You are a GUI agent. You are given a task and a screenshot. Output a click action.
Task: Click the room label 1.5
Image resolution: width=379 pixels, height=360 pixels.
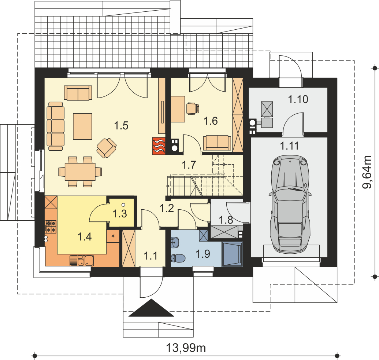[121, 126]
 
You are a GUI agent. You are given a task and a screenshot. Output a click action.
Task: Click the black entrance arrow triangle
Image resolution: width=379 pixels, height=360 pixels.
[151, 308]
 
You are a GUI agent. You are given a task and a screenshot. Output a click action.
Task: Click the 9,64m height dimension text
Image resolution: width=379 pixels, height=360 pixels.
[367, 172]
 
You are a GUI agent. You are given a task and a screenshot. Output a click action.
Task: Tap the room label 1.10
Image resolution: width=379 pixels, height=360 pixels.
[298, 99]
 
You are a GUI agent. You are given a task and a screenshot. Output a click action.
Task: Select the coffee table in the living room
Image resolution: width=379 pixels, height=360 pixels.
[82, 126]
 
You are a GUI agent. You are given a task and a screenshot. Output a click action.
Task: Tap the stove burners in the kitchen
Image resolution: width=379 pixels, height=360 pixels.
[50, 226]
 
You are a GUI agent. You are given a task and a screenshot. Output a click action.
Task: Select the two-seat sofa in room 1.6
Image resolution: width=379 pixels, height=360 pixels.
[217, 142]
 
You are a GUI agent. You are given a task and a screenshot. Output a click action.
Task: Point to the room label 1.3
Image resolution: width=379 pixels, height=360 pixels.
[120, 213]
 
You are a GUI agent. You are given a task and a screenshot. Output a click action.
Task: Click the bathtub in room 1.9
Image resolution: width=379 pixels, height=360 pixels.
[232, 254]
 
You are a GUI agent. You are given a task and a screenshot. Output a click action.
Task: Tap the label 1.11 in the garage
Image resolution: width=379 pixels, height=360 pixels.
[289, 146]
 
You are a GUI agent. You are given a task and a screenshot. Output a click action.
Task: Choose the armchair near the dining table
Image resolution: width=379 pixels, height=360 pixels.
[106, 148]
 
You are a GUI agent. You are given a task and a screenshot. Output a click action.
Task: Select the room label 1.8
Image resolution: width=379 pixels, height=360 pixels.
[226, 220]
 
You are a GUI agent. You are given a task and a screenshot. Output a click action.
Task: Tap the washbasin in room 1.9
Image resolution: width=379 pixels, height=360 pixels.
[175, 241]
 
